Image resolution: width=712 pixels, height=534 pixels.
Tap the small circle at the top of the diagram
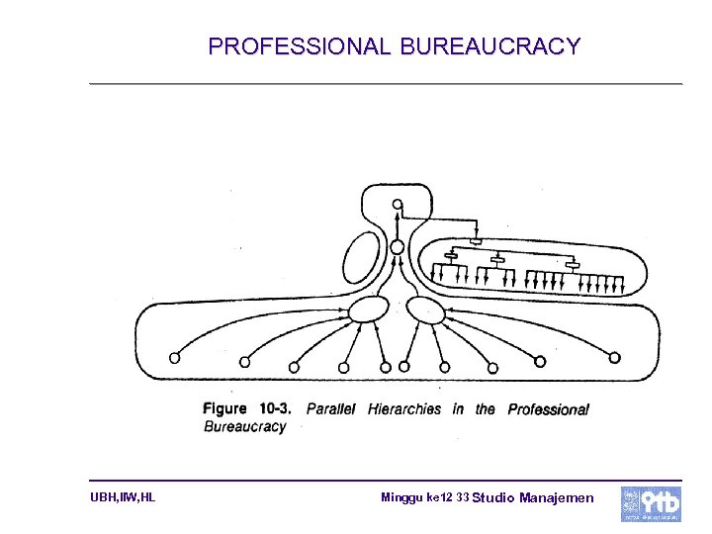coord(398,205)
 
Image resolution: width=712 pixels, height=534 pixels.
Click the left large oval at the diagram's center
coord(368,310)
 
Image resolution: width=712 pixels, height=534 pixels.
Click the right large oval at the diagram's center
coord(426,310)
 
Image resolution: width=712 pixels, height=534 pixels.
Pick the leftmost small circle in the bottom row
coord(175,357)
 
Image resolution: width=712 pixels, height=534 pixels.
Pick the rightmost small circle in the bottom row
coord(615,357)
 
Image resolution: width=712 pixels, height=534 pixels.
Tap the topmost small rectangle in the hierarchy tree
coord(476,240)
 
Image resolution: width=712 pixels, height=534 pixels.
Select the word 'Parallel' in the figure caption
coord(331,408)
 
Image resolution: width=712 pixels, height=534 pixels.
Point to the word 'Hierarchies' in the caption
coord(403,408)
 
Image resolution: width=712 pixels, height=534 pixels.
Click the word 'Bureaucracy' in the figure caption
coord(244,427)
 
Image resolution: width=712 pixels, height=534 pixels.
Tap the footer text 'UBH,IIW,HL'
coord(122,497)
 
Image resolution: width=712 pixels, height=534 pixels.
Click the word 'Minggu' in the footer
coord(401,496)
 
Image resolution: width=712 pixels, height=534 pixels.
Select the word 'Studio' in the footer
coord(492,497)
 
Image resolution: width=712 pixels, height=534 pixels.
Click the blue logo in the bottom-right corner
coord(650,503)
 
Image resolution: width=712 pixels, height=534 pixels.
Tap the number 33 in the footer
coord(463,496)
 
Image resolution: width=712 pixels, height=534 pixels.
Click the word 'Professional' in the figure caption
coord(548,409)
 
